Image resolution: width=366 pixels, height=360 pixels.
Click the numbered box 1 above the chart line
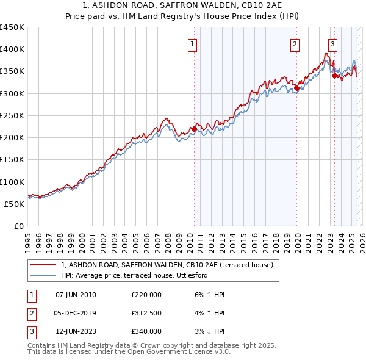pos(192,44)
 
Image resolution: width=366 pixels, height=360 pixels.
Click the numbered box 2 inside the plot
pos(295,44)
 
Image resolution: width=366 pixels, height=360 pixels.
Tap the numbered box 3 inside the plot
pos(332,44)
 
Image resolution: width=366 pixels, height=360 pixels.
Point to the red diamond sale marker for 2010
pos(194,129)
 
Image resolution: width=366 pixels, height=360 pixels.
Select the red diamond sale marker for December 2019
pos(296,88)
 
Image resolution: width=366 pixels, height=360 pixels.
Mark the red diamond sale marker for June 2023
pos(334,76)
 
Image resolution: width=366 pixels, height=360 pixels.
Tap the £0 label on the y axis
pos(18,226)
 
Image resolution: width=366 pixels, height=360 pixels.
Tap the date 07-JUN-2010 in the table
pos(76,295)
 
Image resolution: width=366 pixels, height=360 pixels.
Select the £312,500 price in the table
pos(146,313)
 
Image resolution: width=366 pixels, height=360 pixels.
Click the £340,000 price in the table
pos(146,331)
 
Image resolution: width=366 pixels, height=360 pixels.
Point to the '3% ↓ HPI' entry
pos(207,331)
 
